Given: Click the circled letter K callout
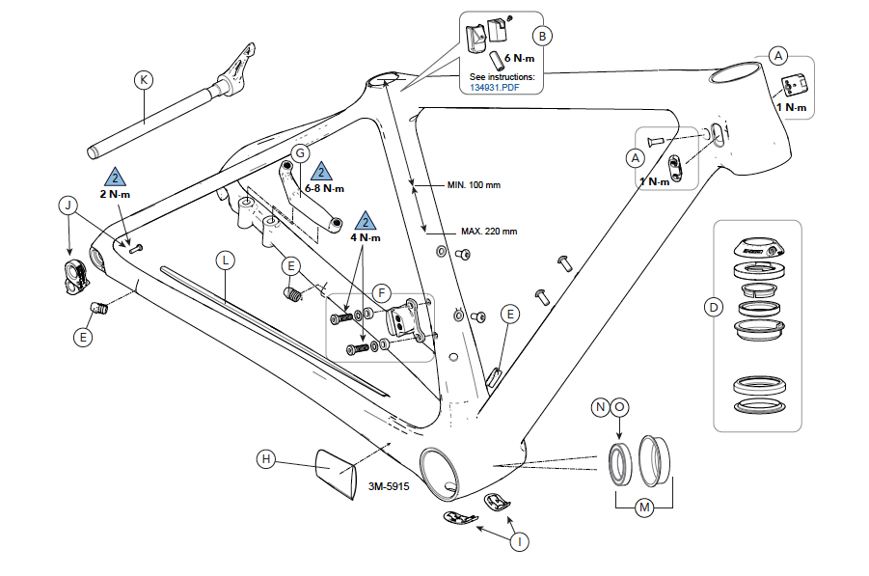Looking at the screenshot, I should [x=143, y=79].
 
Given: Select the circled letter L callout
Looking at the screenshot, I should [x=224, y=260].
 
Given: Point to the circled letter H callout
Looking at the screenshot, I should [x=267, y=459].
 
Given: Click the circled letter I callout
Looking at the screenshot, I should [x=520, y=541].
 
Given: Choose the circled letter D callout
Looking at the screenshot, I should [x=714, y=308].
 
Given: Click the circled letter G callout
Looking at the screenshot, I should [x=300, y=153].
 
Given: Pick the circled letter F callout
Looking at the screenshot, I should [x=382, y=290].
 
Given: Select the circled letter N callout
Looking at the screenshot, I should [x=600, y=407].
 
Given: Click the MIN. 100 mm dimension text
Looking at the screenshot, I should [x=474, y=184].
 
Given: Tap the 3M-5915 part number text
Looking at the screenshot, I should [x=388, y=487].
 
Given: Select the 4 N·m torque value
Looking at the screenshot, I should [x=365, y=237].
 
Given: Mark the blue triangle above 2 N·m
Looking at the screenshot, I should [x=115, y=178].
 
